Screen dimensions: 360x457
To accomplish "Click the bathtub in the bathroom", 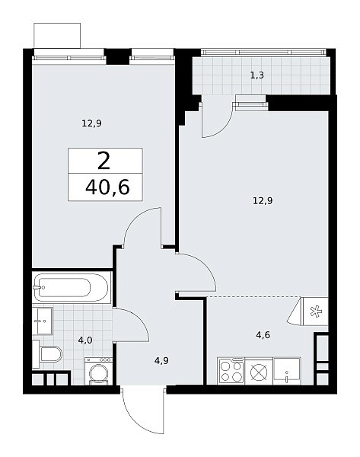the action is [x=72, y=288].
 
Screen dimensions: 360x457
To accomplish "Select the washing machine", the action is [x=98, y=371].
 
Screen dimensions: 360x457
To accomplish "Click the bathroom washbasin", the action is [x=43, y=321].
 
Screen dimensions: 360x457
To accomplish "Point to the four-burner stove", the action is [x=231, y=371].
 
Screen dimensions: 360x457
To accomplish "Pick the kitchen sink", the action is [x=287, y=371].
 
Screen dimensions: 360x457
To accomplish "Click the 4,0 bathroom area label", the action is [x=85, y=340].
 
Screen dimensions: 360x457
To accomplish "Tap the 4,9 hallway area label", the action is [x=161, y=361].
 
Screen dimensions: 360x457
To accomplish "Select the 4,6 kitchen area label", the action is [x=263, y=335].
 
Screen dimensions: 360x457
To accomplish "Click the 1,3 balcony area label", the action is [x=257, y=75].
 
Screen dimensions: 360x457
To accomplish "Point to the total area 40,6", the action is [x=107, y=187].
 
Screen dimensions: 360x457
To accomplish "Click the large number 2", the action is [x=104, y=161].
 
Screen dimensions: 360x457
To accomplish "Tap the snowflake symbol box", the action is [x=315, y=312].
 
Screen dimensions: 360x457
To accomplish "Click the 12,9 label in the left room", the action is [x=91, y=123].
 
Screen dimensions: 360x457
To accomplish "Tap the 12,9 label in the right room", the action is [x=263, y=201].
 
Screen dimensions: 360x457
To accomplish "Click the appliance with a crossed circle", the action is [x=259, y=372].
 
